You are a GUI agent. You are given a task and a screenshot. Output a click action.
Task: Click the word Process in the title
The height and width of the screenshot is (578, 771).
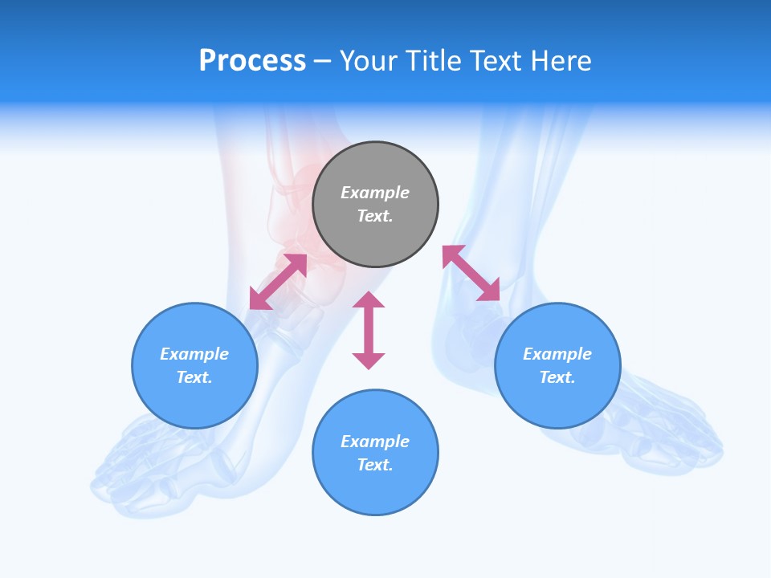click(252, 61)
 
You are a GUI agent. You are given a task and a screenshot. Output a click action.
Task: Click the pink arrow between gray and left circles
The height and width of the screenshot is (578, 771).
click(278, 282)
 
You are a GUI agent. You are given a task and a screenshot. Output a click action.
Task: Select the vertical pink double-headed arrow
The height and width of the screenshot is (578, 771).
click(369, 330)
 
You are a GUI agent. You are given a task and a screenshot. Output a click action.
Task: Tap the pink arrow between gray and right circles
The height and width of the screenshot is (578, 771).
click(471, 273)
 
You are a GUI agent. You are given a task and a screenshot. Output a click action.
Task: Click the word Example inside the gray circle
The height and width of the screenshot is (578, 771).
click(375, 193)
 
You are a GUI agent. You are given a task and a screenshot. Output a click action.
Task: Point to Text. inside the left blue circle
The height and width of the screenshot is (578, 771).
click(194, 377)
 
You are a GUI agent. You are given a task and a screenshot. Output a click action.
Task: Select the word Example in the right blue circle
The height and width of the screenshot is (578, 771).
click(557, 354)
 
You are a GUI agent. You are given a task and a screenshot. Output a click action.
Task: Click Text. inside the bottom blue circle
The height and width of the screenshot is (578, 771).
click(375, 465)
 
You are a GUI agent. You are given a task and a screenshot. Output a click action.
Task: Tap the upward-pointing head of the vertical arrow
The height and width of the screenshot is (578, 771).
click(369, 299)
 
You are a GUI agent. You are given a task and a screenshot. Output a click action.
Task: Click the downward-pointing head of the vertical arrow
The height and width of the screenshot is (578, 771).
click(369, 360)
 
